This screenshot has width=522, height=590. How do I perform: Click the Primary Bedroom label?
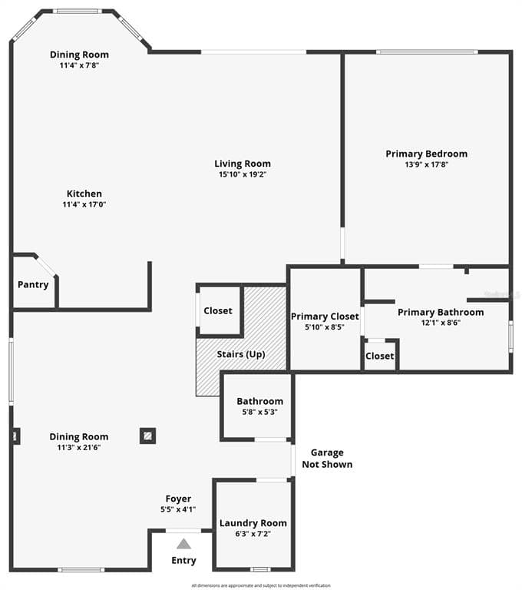coord(426,154)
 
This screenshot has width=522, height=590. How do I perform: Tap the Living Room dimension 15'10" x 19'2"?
coord(242,174)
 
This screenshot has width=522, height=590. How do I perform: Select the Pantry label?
coord(33,284)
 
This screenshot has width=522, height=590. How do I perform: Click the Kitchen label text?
coord(84,194)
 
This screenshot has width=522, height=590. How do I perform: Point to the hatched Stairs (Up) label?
coord(240,354)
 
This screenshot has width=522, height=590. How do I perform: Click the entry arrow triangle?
coord(183,544)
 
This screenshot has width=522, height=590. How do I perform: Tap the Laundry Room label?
coord(253,523)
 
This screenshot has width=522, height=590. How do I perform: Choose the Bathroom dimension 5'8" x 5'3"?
coord(259,412)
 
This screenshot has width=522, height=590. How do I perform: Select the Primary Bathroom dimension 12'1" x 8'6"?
coord(441,323)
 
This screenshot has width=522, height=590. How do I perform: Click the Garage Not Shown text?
coord(327,459)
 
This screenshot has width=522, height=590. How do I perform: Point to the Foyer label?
coord(178,499)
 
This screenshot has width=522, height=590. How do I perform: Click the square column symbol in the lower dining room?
coord(148,436)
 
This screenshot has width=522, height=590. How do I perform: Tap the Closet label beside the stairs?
coord(218,311)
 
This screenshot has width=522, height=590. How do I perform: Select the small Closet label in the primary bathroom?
coord(379,356)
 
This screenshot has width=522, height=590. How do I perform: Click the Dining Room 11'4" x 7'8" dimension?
coord(79,65)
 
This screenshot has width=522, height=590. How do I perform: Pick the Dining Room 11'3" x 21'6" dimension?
coord(79,447)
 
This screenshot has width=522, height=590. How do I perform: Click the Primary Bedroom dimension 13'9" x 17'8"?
coord(426,164)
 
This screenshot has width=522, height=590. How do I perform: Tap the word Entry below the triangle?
coord(183,560)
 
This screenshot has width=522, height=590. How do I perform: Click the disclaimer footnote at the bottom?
coord(261,585)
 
